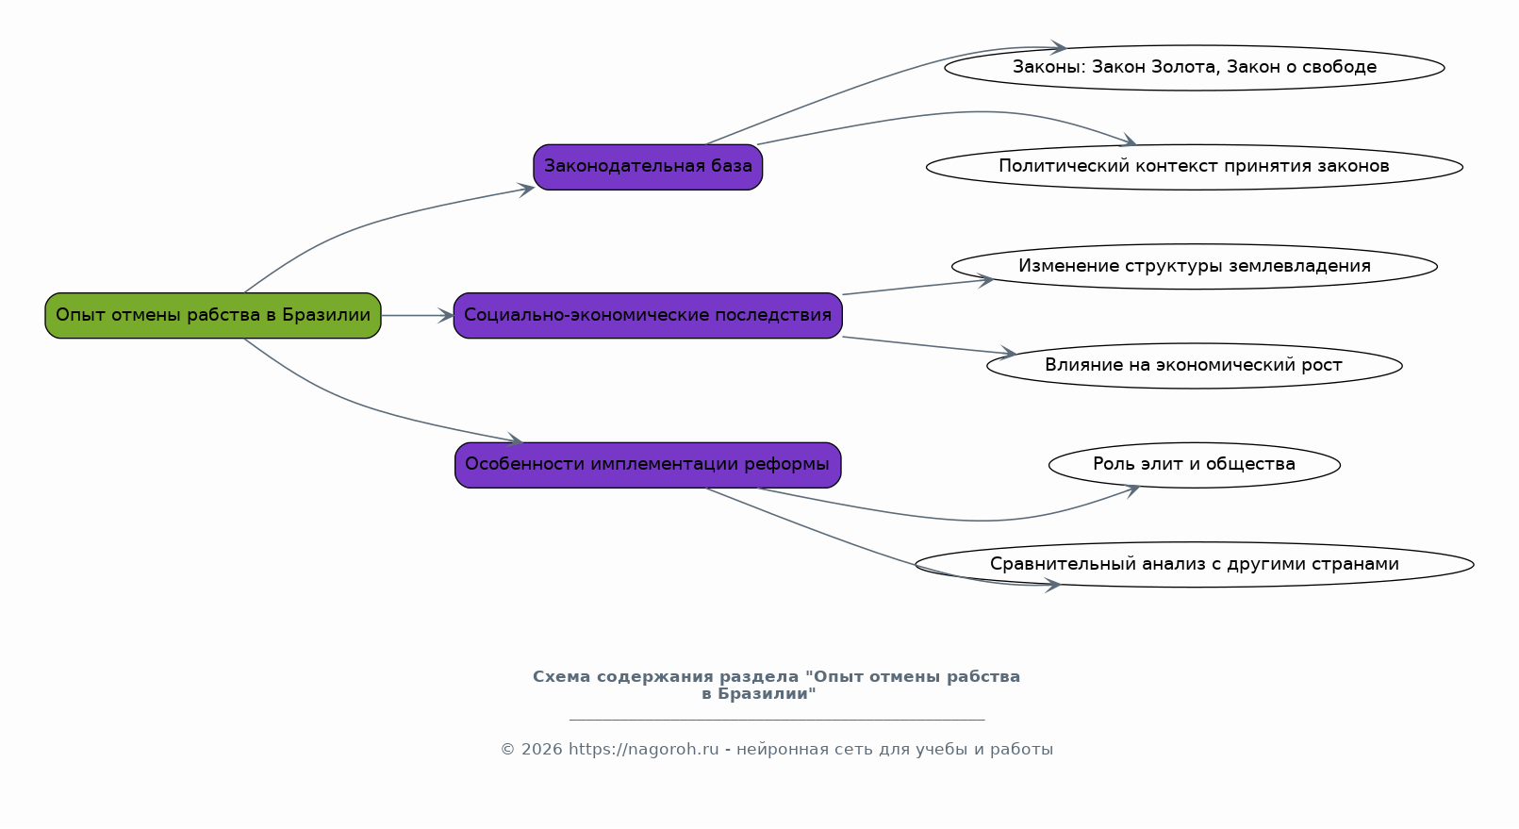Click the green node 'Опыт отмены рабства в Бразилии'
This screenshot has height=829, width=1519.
[213, 315]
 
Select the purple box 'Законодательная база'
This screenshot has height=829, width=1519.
[648, 167]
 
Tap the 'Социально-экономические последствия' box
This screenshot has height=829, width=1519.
[648, 315]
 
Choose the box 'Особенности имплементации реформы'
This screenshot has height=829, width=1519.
[648, 465]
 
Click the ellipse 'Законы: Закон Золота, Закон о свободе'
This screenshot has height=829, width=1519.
[1195, 68]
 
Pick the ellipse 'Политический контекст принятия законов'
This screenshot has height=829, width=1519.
[1195, 167]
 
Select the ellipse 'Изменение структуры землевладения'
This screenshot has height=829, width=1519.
[1195, 267]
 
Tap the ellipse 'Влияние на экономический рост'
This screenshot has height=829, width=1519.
[1195, 366]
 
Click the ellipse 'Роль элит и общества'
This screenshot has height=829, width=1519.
[1195, 465]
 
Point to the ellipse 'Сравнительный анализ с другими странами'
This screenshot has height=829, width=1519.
[1195, 564]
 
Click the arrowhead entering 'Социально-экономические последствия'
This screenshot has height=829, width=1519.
[446, 315]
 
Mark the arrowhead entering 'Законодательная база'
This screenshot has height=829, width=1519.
[526, 190]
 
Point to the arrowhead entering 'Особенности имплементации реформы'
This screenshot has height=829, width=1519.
[515, 440]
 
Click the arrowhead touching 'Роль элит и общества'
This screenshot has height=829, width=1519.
[1131, 490]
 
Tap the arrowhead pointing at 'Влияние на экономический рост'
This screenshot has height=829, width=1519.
[1008, 354]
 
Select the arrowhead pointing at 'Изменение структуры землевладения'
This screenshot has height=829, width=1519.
[984, 280]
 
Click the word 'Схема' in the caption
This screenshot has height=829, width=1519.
[561, 677]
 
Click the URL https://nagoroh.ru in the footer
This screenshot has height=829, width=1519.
[644, 750]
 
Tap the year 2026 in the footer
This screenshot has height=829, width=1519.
[542, 750]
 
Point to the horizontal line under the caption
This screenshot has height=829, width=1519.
[777, 719]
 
